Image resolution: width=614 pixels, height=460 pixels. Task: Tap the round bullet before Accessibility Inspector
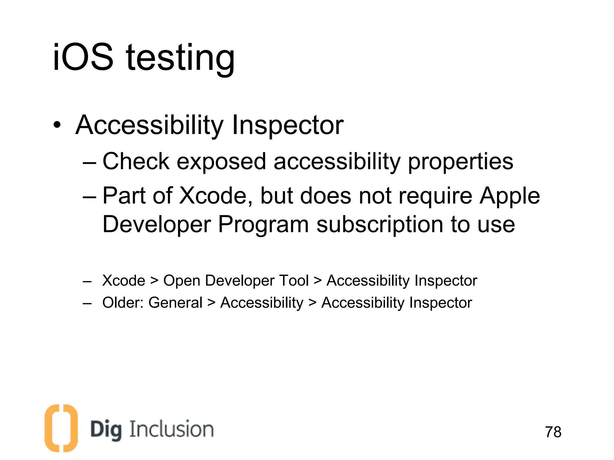point(57,125)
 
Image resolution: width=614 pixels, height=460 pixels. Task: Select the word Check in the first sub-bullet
point(136,161)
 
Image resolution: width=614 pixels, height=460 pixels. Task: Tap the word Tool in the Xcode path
point(294,281)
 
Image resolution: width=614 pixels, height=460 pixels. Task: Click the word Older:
point(123,302)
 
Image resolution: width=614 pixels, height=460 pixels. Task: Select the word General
point(175,302)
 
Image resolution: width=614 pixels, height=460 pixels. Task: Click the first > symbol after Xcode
point(154,281)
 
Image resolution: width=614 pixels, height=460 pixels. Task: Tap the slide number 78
point(553,432)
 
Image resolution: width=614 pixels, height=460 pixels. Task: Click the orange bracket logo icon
point(61,428)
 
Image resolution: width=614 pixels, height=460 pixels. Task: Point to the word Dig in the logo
point(106,430)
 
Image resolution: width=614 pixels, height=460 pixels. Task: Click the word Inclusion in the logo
point(171,429)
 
